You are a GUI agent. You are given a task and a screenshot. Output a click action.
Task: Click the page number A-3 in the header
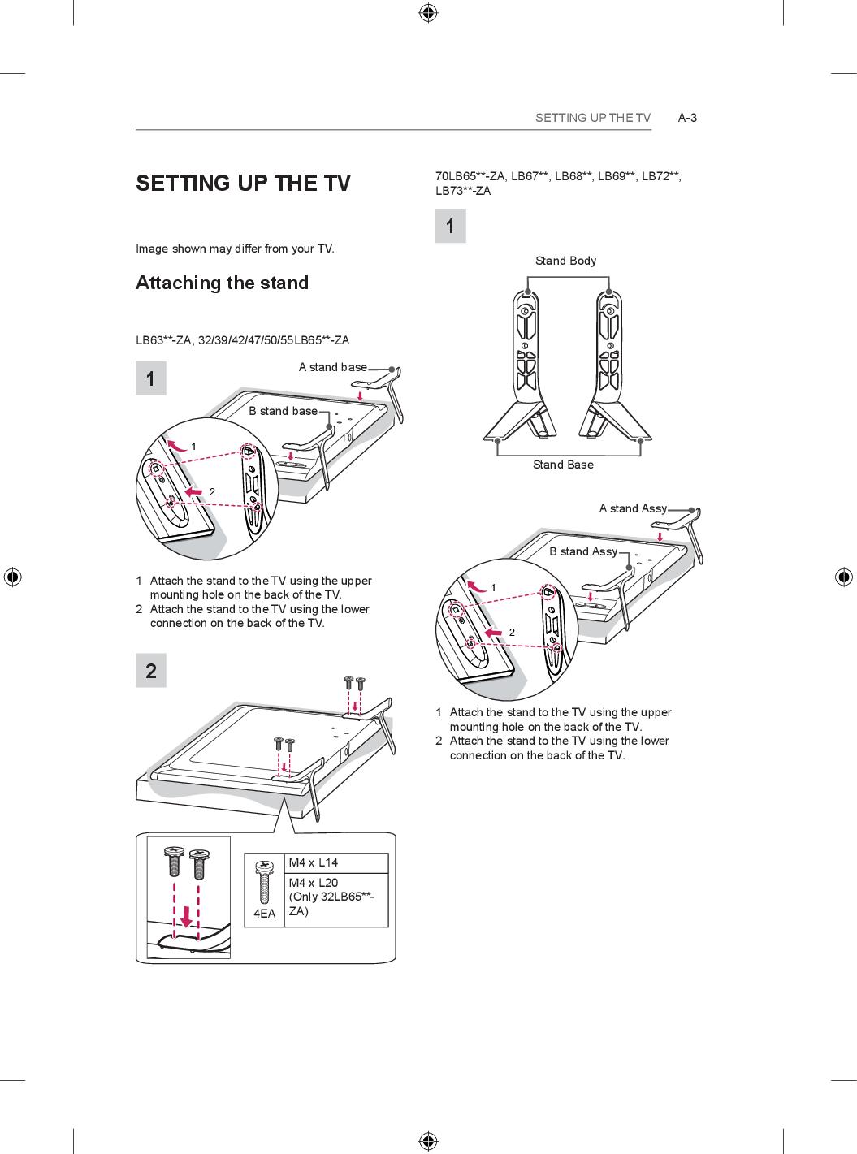pos(687,118)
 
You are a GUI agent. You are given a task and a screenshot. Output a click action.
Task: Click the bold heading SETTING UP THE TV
pos(243,183)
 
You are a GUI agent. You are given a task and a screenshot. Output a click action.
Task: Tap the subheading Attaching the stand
pos(222,283)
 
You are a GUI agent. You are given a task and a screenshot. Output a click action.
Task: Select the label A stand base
pos(332,367)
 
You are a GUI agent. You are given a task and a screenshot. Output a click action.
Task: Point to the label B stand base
pos(283,411)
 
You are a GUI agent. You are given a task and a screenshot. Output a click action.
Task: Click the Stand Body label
pos(565,261)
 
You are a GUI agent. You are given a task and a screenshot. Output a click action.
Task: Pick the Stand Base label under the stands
pos(563,465)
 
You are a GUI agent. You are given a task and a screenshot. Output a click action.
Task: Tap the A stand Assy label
pos(633,508)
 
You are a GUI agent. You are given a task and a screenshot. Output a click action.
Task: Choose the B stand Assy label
pos(582,551)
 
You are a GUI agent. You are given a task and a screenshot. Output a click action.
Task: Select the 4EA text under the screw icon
pos(264,914)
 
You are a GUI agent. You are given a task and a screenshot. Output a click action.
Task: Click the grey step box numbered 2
pos(151,671)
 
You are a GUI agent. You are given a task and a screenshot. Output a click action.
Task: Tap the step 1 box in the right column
pos(451,226)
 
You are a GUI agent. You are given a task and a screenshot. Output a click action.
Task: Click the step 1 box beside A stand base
pos(151,379)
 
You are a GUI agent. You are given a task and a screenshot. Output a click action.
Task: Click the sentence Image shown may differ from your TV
pos(235,249)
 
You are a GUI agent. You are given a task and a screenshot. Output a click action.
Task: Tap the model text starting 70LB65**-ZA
pos(558,183)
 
